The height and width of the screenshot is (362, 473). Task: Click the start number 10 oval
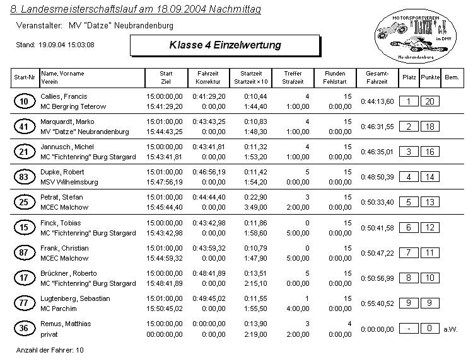click(x=24, y=101)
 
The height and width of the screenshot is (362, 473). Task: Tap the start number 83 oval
click(x=24, y=177)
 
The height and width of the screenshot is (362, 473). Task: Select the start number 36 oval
click(x=24, y=329)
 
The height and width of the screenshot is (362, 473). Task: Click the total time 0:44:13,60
click(x=377, y=101)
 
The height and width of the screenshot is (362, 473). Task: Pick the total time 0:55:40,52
click(x=377, y=303)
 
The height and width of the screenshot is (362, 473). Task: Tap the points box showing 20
click(x=430, y=101)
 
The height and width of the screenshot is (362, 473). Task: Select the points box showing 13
click(x=430, y=202)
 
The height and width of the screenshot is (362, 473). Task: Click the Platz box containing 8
click(x=409, y=278)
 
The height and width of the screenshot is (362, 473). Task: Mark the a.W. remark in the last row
click(x=450, y=329)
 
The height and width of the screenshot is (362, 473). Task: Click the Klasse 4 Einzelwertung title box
click(x=225, y=45)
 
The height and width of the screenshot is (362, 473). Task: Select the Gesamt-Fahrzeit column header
click(x=377, y=77)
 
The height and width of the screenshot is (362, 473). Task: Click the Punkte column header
click(x=430, y=77)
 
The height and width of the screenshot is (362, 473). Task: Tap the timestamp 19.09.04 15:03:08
click(x=66, y=45)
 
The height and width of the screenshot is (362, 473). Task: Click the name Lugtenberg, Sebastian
click(x=75, y=298)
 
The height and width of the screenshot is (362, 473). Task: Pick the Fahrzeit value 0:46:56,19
click(x=208, y=172)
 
